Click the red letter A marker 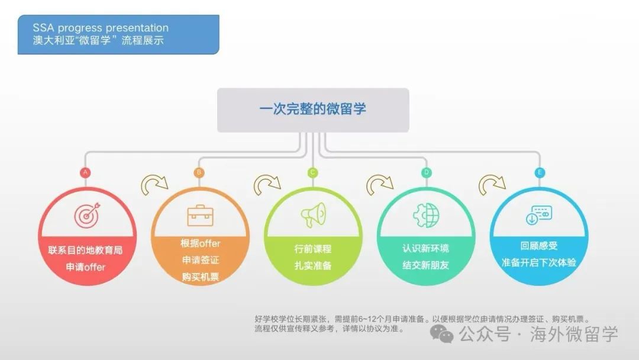click(85, 172)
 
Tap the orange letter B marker click(199, 172)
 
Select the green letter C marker click(312, 172)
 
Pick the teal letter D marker click(426, 172)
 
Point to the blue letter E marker click(540, 172)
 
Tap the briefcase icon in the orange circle click(200, 216)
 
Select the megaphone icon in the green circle click(314, 215)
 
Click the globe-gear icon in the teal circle click(426, 215)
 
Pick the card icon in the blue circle click(539, 215)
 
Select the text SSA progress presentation click(101, 28)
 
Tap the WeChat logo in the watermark click(442, 334)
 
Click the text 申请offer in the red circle click(86, 267)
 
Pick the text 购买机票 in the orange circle click(201, 277)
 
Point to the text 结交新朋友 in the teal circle click(426, 265)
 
